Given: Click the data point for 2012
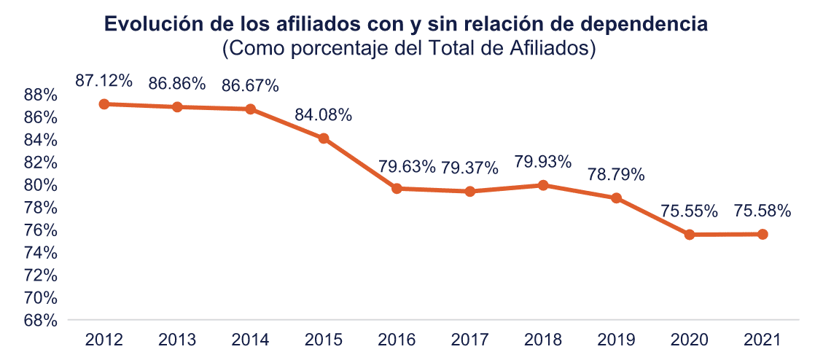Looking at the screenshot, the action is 104,104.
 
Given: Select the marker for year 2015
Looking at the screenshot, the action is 323,138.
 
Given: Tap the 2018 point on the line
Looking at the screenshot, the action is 543,185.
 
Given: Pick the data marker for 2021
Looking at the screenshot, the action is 763,234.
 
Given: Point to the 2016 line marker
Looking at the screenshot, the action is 397,189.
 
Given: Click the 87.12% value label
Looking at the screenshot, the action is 104,81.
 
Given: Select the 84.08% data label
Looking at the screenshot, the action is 323,115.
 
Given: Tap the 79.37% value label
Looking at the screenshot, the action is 470,168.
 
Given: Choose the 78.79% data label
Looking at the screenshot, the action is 617,175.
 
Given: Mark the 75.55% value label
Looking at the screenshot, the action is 689,211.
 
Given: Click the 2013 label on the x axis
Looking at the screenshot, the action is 177,340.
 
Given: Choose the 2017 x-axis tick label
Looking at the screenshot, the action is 470,340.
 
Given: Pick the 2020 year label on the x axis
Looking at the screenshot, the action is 689,340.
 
